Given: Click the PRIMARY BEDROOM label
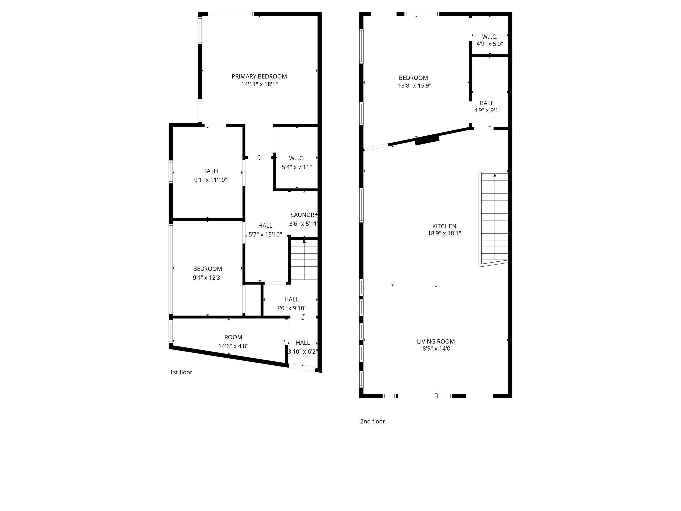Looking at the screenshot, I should click(259, 76).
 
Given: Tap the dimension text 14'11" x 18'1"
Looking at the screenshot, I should click(259, 85).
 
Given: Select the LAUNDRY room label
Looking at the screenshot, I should click(304, 215).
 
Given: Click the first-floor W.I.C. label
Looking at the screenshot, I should click(296, 158).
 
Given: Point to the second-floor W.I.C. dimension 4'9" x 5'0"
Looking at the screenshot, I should click(489, 44).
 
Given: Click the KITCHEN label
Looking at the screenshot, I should click(444, 226).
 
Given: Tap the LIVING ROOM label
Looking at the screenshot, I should click(436, 341).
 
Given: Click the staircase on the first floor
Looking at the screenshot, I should click(304, 261).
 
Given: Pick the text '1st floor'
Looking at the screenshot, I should click(181, 372).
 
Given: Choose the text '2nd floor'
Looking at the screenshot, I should click(372, 421).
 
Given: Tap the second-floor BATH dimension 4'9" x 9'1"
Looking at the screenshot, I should click(487, 110).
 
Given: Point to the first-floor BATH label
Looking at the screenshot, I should click(210, 171).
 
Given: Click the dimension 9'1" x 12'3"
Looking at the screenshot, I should click(207, 278).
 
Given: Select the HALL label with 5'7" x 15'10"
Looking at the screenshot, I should click(265, 226).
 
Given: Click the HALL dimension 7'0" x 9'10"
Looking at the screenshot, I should click(291, 308).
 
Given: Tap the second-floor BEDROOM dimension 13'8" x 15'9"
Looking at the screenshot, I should click(414, 85).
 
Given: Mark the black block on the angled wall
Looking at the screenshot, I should click(427, 140).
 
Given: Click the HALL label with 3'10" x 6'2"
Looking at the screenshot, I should click(303, 343).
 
